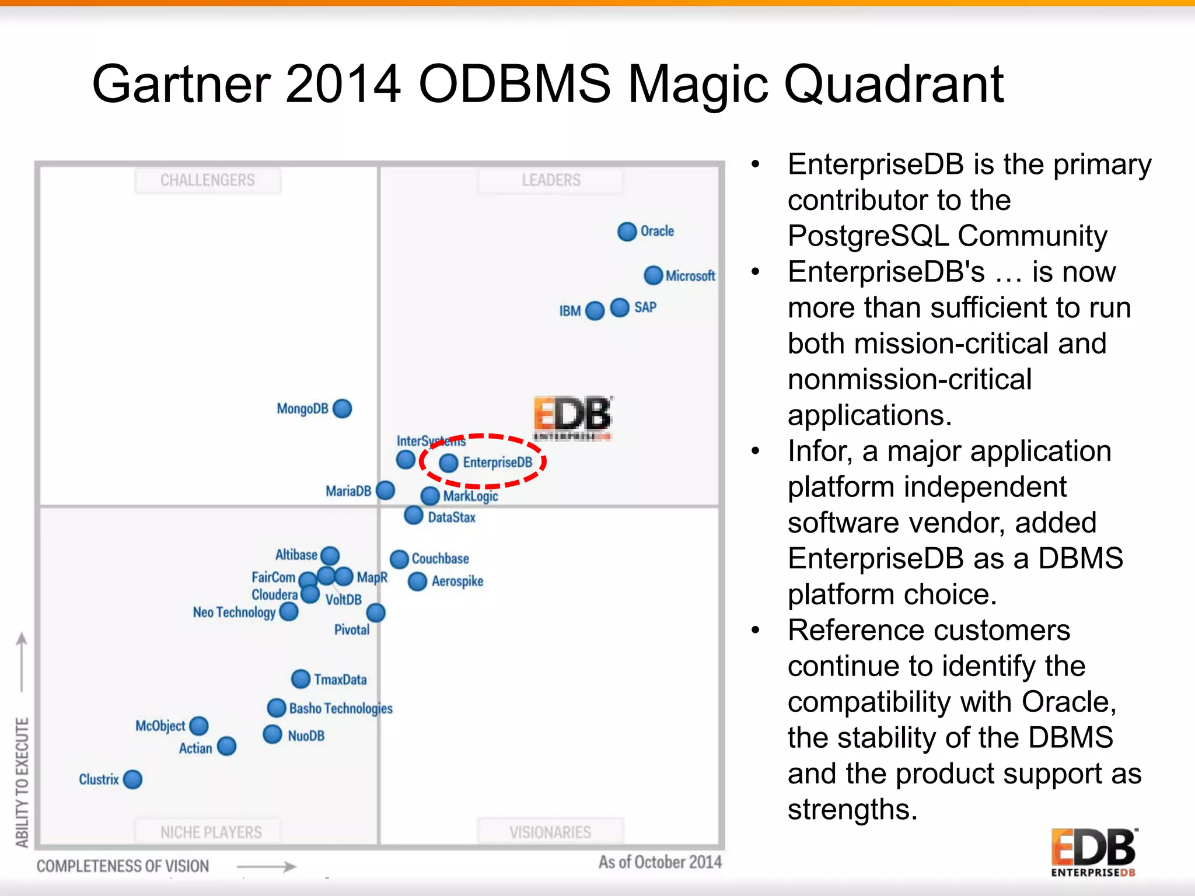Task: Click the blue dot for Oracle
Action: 627,232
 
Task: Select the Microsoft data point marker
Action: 653,275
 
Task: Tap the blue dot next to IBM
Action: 595,311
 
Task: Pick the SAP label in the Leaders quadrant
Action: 645,307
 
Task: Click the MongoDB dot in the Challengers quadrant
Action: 343,408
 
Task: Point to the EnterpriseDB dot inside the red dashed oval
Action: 448,463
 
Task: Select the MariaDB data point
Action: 386,491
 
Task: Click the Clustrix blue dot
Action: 133,779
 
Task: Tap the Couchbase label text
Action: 440,559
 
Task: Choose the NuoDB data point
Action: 272,734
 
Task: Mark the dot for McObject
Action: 199,726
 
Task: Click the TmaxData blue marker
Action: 301,679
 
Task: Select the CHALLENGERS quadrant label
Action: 208,180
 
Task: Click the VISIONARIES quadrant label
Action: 550,832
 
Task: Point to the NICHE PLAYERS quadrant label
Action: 211,832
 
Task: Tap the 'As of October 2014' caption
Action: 660,862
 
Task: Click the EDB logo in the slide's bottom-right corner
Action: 1093,852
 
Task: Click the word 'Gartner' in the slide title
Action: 181,85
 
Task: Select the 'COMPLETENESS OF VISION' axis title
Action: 123,866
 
